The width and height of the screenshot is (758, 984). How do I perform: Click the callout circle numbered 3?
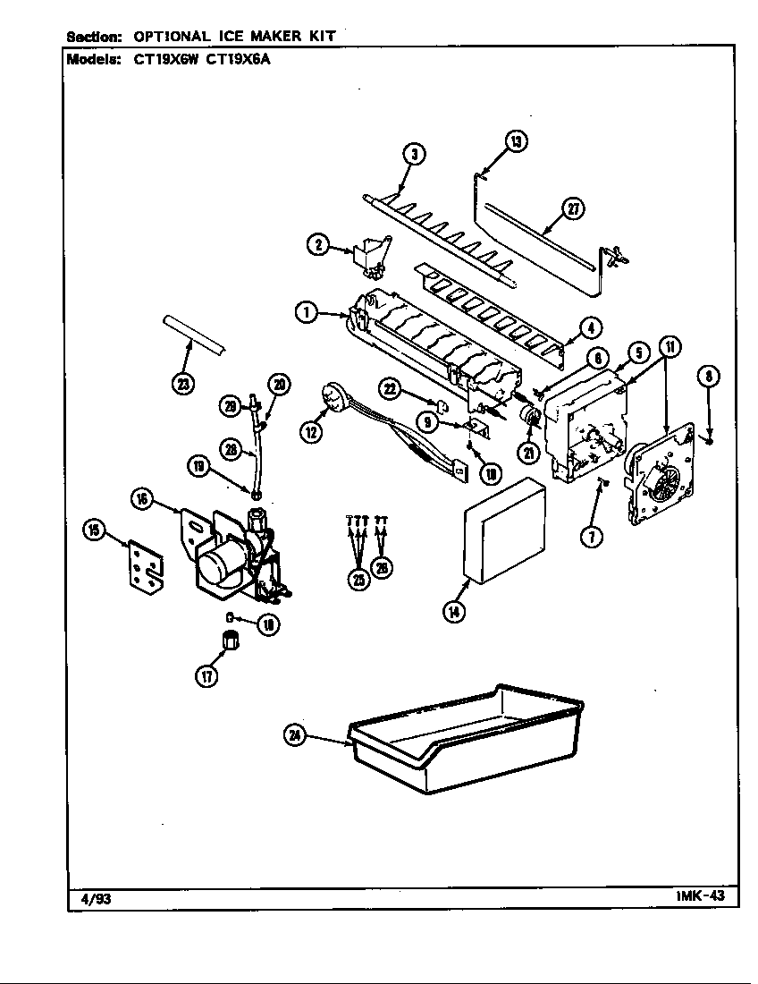[x=414, y=154]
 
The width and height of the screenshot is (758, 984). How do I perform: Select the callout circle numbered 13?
[x=515, y=140]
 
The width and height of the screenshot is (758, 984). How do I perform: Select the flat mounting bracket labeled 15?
[x=143, y=565]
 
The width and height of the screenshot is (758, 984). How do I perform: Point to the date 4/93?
[x=89, y=899]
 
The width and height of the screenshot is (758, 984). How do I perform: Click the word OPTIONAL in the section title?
[x=171, y=37]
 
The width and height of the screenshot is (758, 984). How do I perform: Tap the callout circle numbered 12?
[x=312, y=433]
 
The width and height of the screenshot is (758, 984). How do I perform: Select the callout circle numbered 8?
[x=708, y=377]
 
